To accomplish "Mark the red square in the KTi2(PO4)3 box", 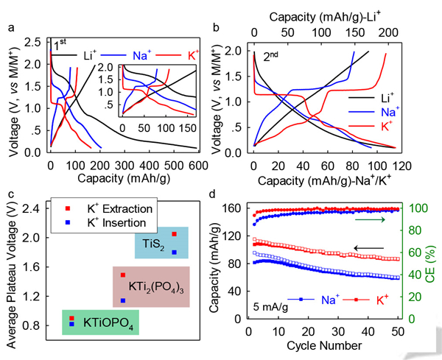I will (123, 275).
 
